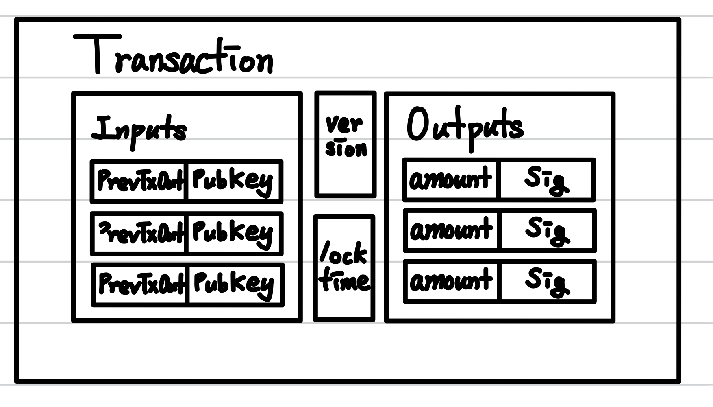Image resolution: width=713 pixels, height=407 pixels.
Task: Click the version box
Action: click(346, 144)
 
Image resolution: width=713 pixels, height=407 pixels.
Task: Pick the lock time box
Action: click(344, 268)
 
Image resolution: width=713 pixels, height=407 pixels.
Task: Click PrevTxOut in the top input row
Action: click(140, 180)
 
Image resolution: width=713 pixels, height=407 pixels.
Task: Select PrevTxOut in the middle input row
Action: click(140, 233)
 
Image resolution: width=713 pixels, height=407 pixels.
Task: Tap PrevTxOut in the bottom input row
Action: click(141, 283)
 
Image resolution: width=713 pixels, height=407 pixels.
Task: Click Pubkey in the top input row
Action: click(233, 180)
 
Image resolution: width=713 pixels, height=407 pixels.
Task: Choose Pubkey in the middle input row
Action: click(233, 233)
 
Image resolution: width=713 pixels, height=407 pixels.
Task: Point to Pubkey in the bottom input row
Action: click(234, 283)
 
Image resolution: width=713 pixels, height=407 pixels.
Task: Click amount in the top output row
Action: click(450, 179)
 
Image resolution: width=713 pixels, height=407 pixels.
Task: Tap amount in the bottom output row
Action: click(451, 281)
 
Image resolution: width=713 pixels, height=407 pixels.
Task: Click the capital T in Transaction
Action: click(97, 54)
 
